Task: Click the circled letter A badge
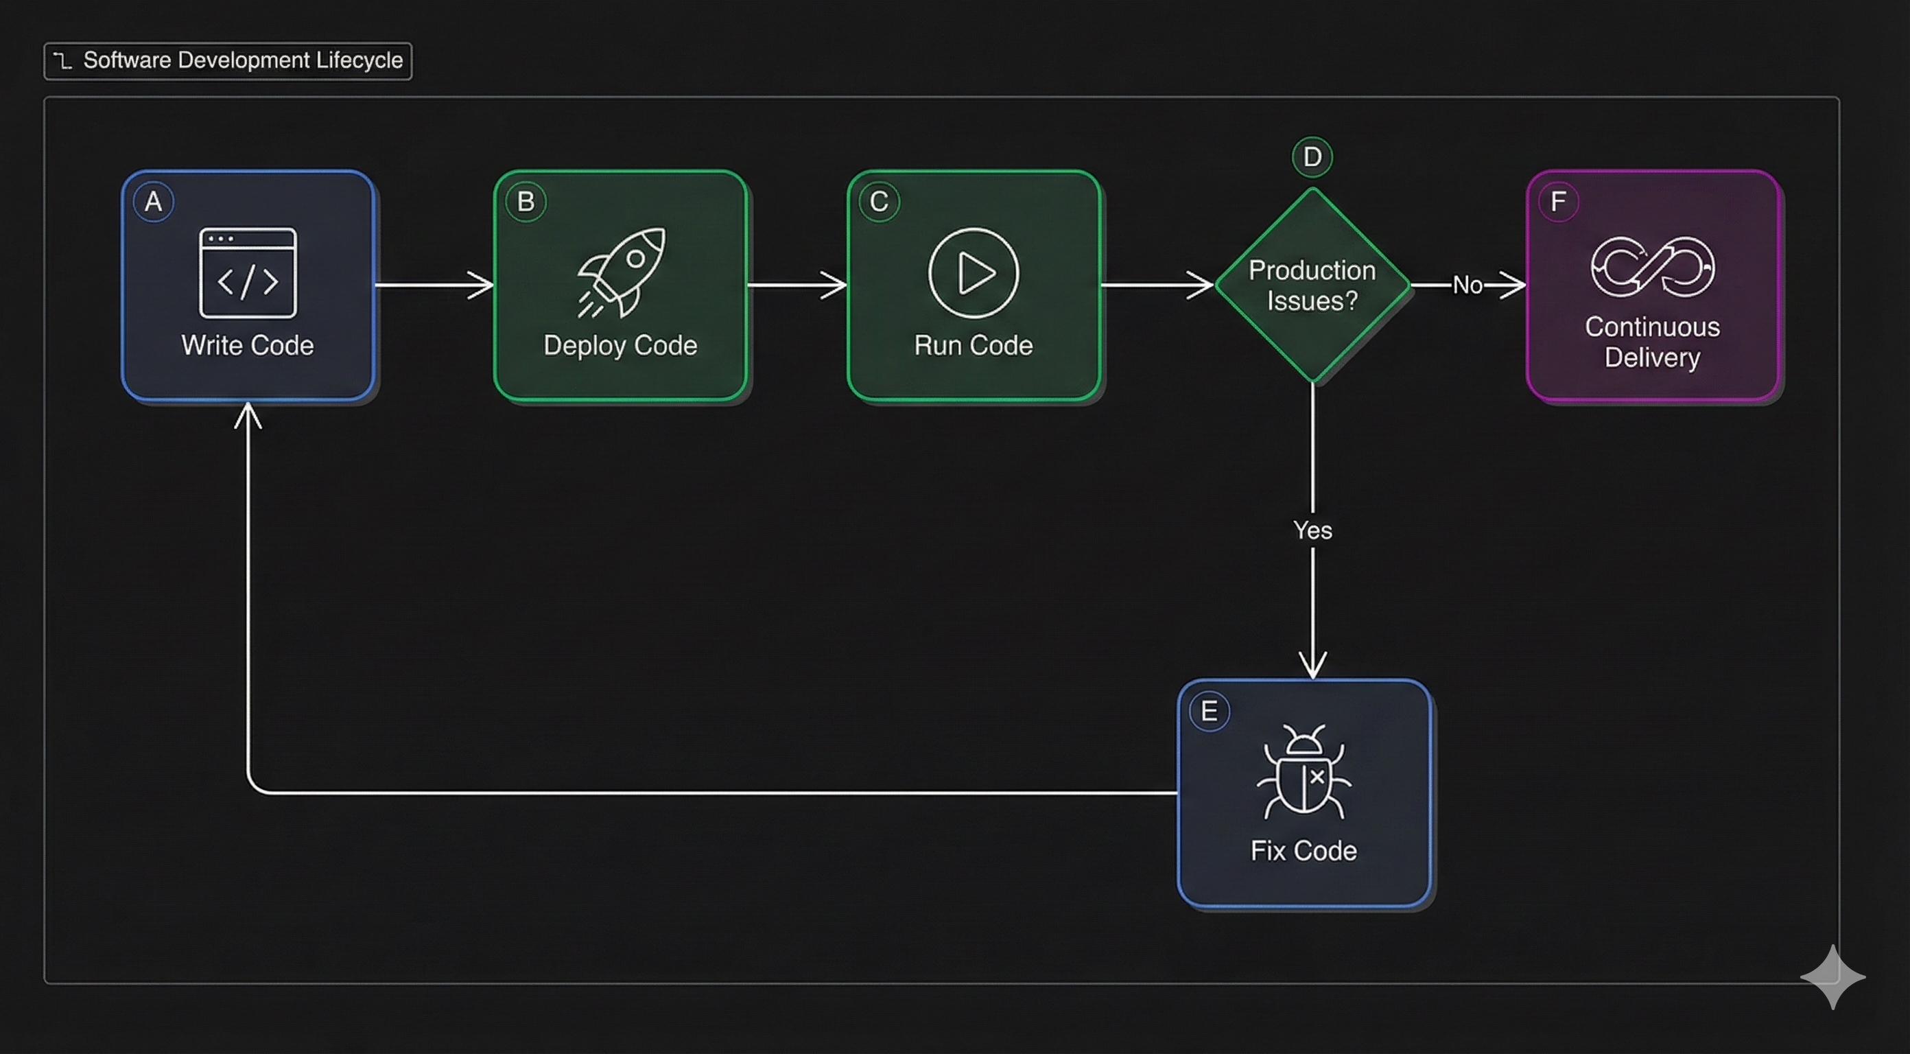[154, 202]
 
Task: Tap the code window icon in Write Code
[248, 273]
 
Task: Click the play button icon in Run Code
[974, 273]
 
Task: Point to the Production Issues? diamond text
[1312, 285]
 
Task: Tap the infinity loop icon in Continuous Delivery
[1653, 267]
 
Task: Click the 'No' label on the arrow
[1467, 285]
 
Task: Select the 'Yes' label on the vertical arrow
[1312, 530]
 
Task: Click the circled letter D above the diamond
[1312, 157]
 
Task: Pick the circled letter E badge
[1210, 712]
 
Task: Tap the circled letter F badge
[1559, 202]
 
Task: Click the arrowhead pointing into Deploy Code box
[482, 285]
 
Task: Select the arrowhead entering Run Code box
[835, 285]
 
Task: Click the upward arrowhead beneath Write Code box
[248, 415]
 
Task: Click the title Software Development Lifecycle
[242, 60]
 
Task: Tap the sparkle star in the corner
[1833, 977]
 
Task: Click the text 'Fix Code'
[1304, 851]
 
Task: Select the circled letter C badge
[880, 202]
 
